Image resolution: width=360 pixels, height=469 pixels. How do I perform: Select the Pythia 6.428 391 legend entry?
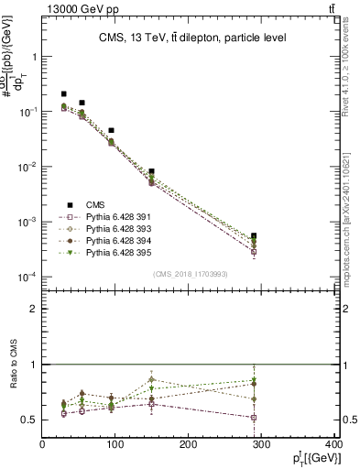pyautogui.click(x=112, y=217)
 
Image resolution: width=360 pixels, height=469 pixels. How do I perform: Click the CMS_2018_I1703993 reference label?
pyautogui.click(x=190, y=274)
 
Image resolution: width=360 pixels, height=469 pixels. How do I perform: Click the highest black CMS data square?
pyautogui.click(x=63, y=93)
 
